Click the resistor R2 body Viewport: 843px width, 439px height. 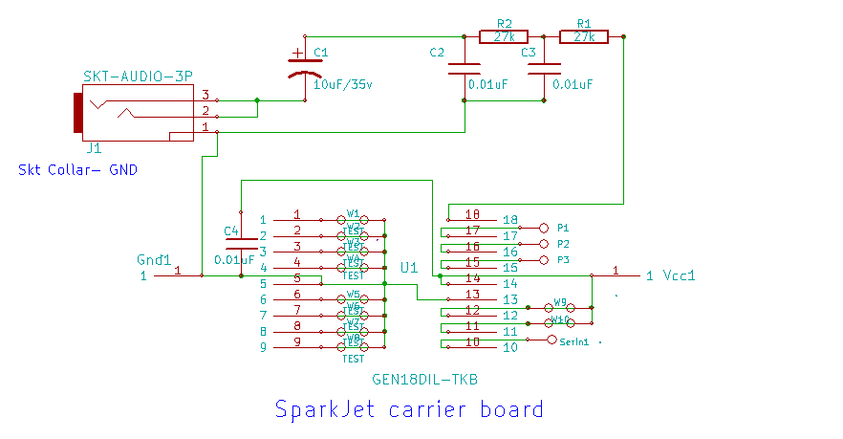pos(504,37)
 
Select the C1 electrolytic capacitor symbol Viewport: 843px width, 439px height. pos(305,69)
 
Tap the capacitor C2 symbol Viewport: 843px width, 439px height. pos(465,69)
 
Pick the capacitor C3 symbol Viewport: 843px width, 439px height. pos(545,69)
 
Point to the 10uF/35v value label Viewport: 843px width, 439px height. pos(343,84)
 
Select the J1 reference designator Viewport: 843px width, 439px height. pos(93,148)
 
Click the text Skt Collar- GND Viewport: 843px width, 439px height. pos(77,169)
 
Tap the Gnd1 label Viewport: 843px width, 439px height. pos(154,259)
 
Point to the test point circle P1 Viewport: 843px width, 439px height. pos(545,228)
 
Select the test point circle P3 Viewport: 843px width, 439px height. pos(545,259)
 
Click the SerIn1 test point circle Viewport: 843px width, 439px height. pos(551,340)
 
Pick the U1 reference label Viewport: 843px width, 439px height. pos(409,267)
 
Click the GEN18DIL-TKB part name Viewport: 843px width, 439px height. pos(424,379)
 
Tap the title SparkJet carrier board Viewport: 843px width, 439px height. pos(409,409)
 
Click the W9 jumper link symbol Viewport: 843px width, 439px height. pos(560,307)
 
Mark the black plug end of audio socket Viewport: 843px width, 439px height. pos(76,114)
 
